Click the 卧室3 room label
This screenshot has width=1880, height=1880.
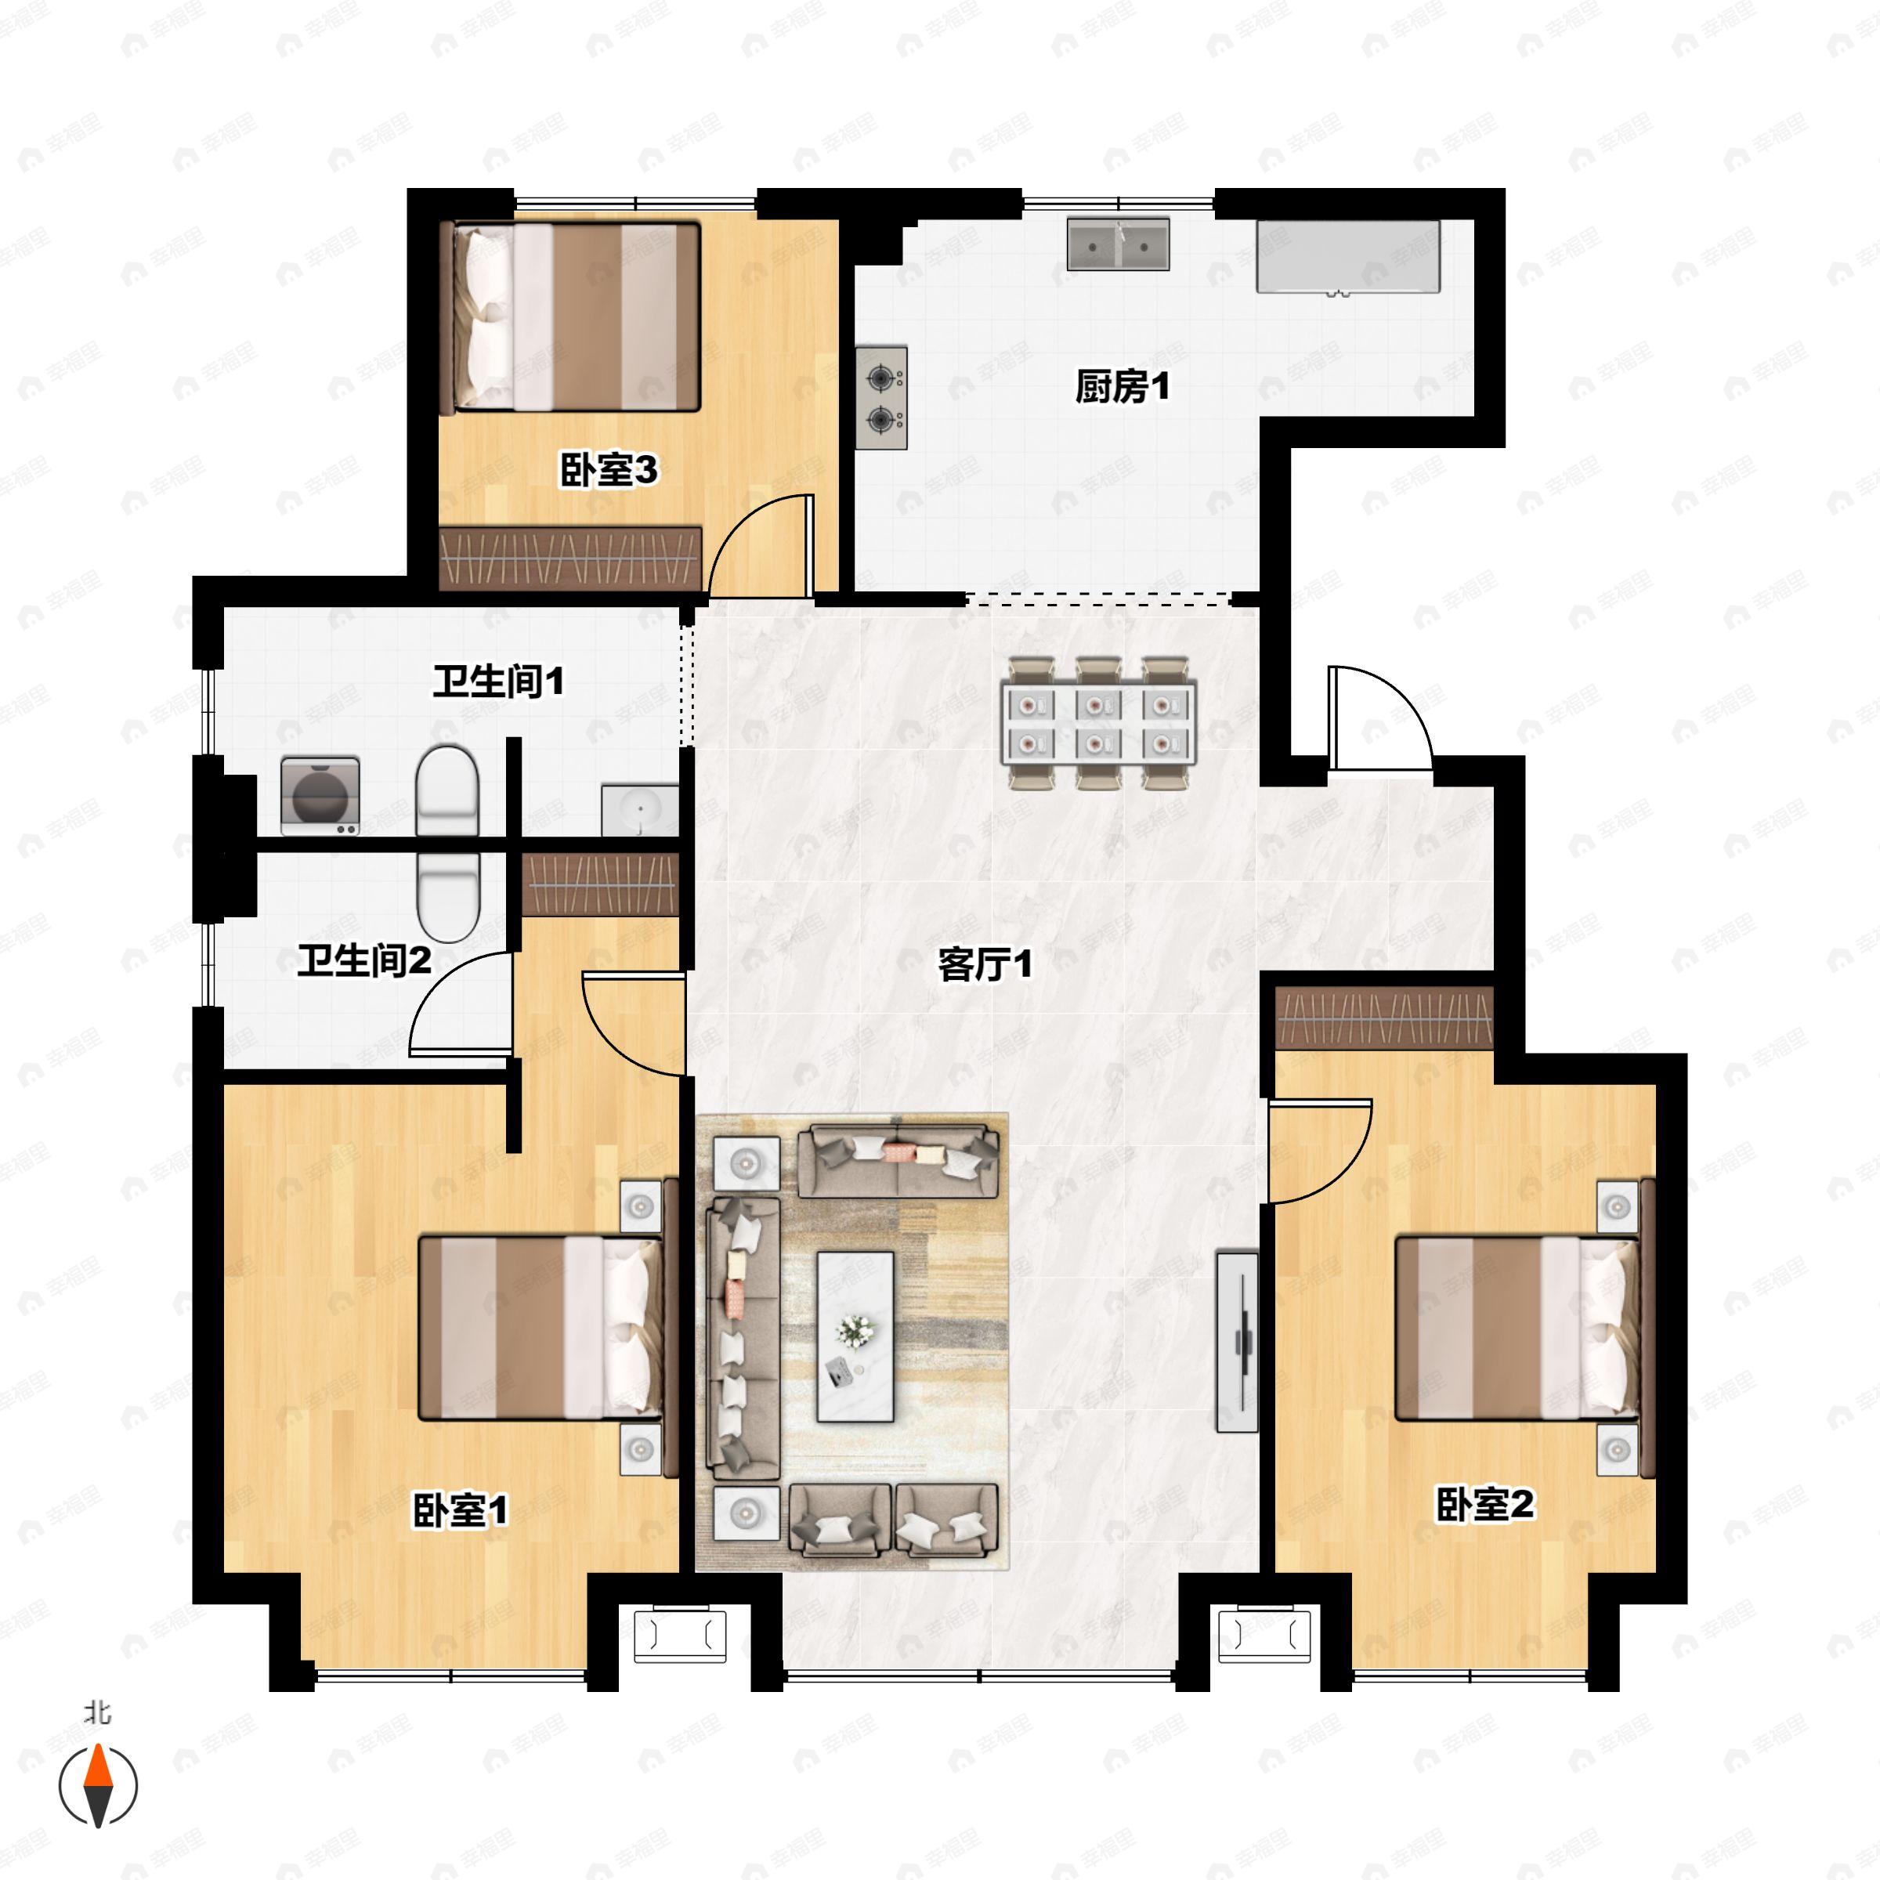tap(608, 471)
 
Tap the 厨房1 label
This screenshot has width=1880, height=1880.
tap(1121, 387)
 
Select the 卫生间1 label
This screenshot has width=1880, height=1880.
tap(498, 681)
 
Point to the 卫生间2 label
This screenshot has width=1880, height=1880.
tap(364, 961)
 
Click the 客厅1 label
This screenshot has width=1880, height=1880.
tap(985, 965)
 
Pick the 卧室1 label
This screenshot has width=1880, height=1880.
tap(461, 1510)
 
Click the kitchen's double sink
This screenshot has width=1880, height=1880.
tap(1118, 244)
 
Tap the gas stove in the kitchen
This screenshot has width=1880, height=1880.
tap(881, 398)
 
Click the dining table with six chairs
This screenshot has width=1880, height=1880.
tap(1098, 723)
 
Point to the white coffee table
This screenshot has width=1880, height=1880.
tap(855, 1337)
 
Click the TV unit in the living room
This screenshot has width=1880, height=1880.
tap(1238, 1342)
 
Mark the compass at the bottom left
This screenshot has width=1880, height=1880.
tap(98, 1786)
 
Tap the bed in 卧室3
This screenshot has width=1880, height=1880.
tap(570, 317)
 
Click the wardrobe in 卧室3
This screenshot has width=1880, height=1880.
tap(570, 559)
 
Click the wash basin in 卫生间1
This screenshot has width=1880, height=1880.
tap(639, 810)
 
